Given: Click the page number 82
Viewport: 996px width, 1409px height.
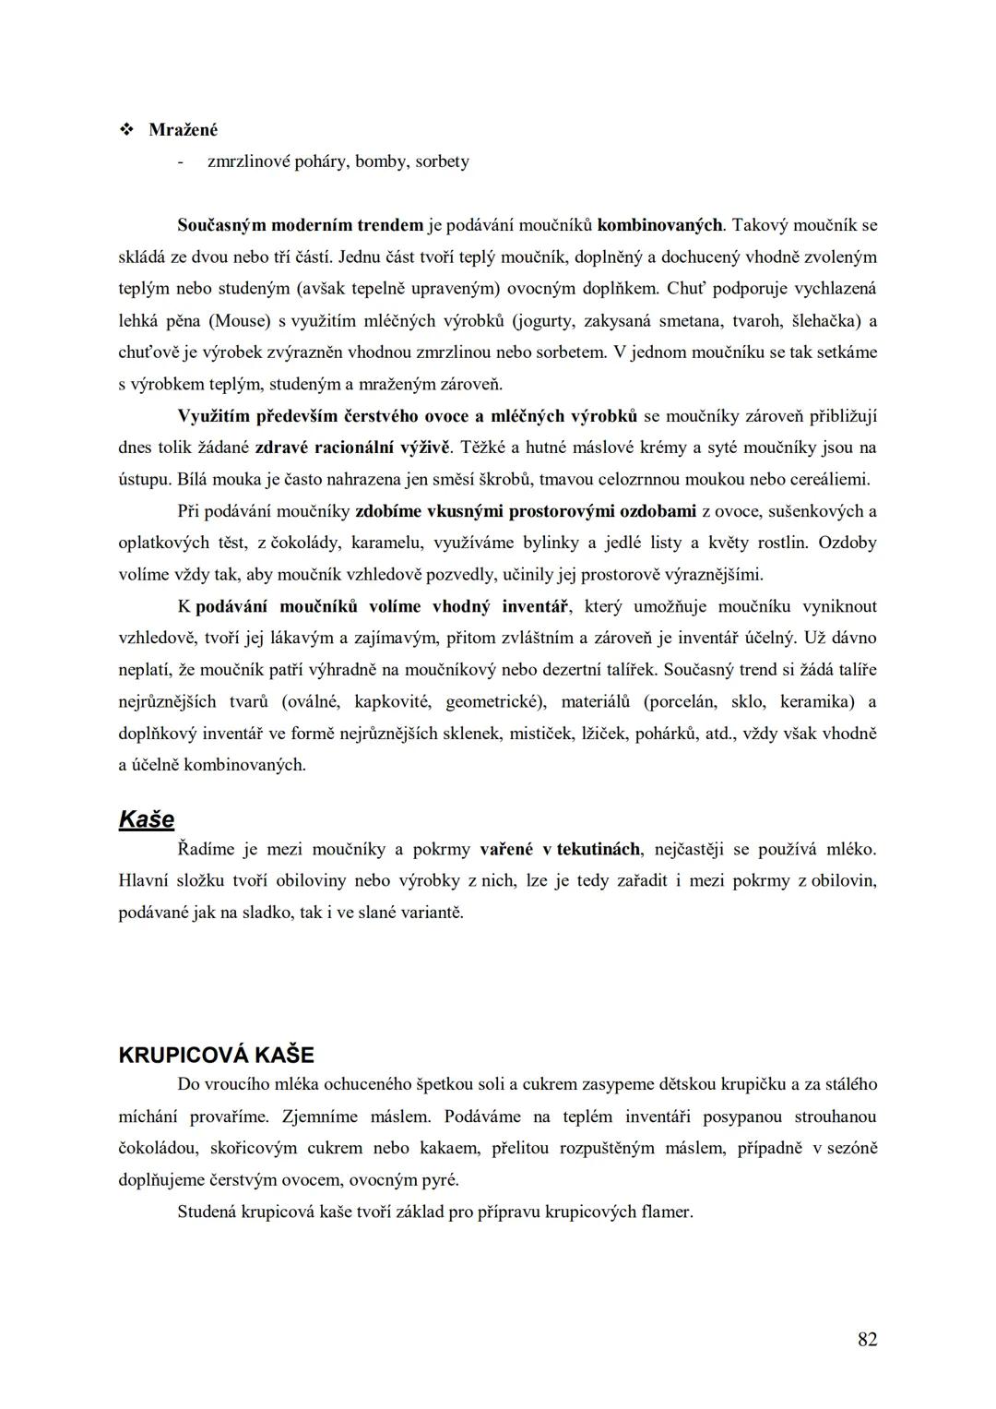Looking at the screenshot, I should click(x=867, y=1340).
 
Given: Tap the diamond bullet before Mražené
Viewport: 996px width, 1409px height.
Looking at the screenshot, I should click(x=126, y=130).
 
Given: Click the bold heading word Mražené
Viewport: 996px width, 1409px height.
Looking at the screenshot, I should click(x=183, y=130).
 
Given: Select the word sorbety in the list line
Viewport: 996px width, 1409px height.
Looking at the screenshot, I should click(x=442, y=161).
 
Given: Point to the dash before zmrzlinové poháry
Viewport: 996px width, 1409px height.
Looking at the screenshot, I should click(x=181, y=161).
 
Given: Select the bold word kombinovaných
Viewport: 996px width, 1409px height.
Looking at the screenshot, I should click(x=659, y=224).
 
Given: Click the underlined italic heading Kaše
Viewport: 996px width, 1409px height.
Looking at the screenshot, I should click(x=147, y=818).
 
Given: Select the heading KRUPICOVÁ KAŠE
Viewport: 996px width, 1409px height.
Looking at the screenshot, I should click(x=217, y=1055).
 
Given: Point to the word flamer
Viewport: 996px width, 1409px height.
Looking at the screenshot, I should click(x=666, y=1212).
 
